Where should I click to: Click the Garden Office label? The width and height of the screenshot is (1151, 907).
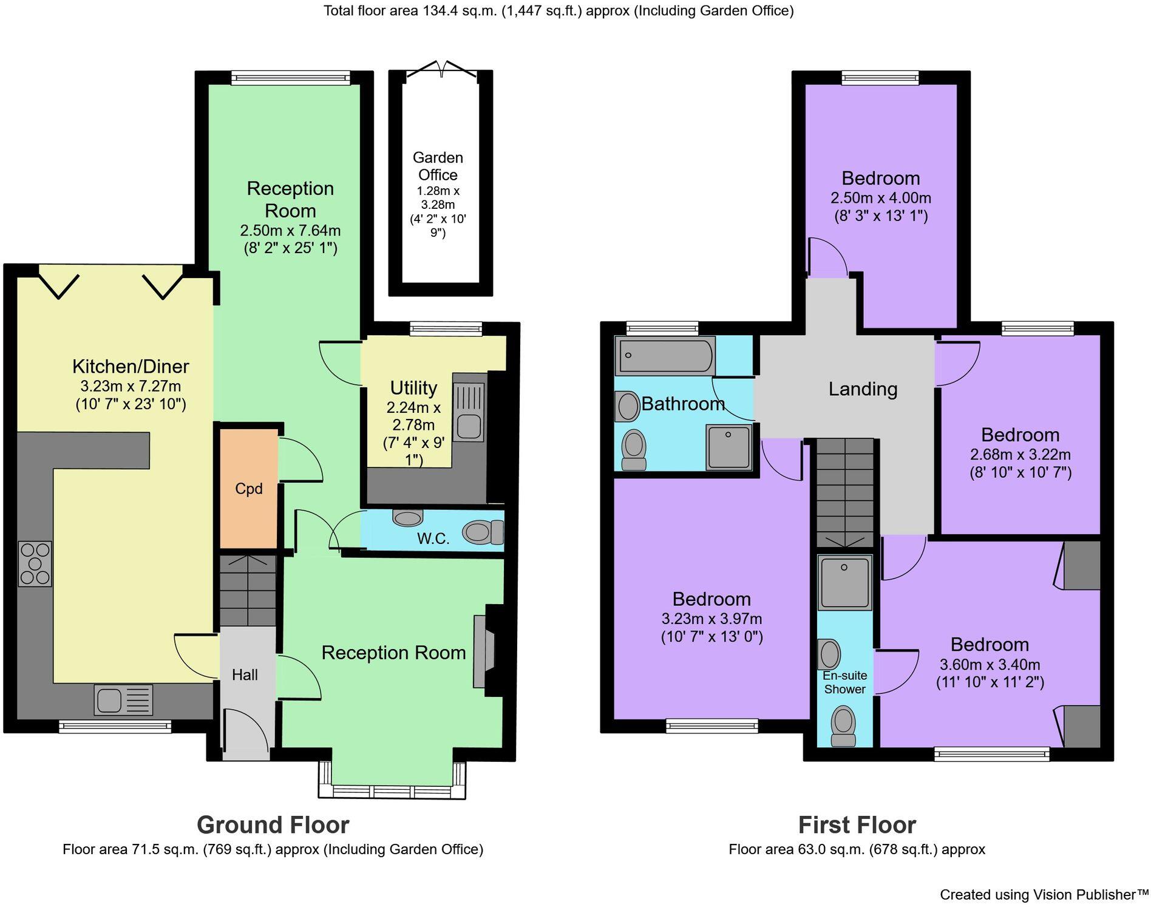pos(438,166)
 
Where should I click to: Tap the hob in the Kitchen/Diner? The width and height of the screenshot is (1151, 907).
pos(35,564)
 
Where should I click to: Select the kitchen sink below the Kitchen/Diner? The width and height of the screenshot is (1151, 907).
pos(123,699)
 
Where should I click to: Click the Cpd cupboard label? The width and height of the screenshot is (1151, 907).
pos(249,489)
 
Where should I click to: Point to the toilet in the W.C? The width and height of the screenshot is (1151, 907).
pos(483,532)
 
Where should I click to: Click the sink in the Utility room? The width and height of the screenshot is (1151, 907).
pos(469,412)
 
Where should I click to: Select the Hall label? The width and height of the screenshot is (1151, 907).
pos(245,674)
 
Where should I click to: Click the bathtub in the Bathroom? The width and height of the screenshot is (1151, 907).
pos(665,356)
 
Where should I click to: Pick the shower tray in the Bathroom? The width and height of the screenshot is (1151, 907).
pos(728,447)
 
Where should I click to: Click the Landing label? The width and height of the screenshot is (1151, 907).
pos(863,389)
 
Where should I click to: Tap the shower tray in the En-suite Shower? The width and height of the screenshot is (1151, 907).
pos(844,582)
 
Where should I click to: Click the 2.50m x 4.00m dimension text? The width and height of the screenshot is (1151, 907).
pos(880,198)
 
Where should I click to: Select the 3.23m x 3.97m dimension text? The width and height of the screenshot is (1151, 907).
pos(711,619)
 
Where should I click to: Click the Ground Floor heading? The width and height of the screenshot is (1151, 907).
pos(273,825)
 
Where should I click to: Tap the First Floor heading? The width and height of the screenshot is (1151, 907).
pos(857,825)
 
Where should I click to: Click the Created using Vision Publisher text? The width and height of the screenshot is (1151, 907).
pos(1044,894)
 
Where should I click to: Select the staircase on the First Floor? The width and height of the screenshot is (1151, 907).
pos(844,492)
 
